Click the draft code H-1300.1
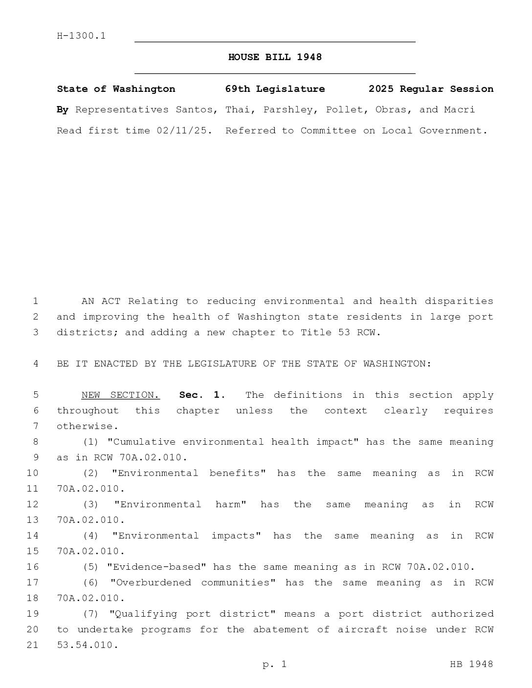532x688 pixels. pyautogui.click(x=81, y=36)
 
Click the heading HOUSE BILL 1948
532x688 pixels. pyautogui.click(x=275, y=57)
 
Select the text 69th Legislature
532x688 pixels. pyautogui.click(x=275, y=89)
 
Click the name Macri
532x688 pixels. pyautogui.click(x=459, y=109)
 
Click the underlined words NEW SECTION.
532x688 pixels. pyautogui.click(x=120, y=395)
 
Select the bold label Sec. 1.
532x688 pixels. pyautogui.click(x=202, y=395)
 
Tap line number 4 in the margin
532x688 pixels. pyautogui.click(x=35, y=364)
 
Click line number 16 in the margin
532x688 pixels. pyautogui.click(x=32, y=567)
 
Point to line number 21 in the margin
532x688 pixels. pyautogui.click(x=32, y=645)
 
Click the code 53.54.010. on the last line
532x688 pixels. pyautogui.click(x=88, y=645)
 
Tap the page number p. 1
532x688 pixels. pyautogui.click(x=274, y=664)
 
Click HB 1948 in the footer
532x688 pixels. pyautogui.click(x=471, y=664)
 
